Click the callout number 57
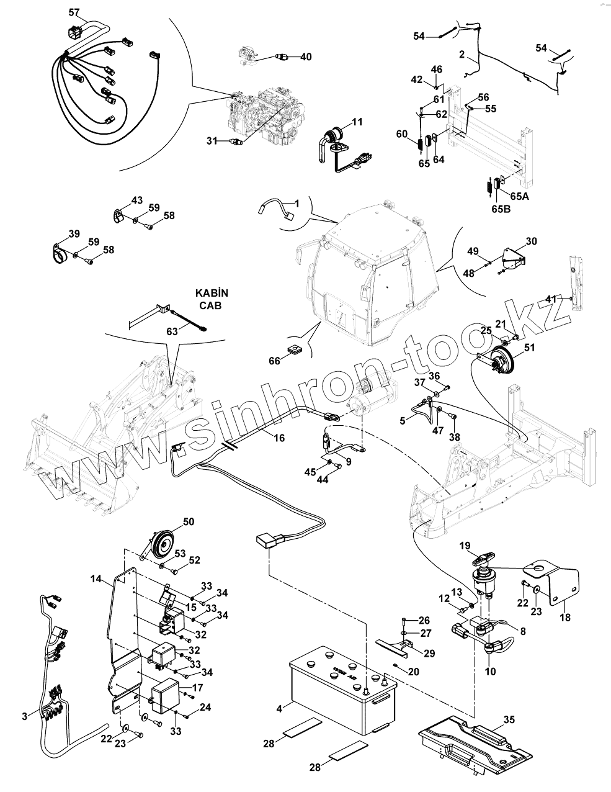click(x=74, y=12)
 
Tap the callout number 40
click(x=306, y=56)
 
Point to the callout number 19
click(x=465, y=546)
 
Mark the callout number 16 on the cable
click(x=279, y=438)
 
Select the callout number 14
click(x=96, y=578)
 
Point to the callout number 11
click(x=357, y=122)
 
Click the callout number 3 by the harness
click(x=24, y=716)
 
